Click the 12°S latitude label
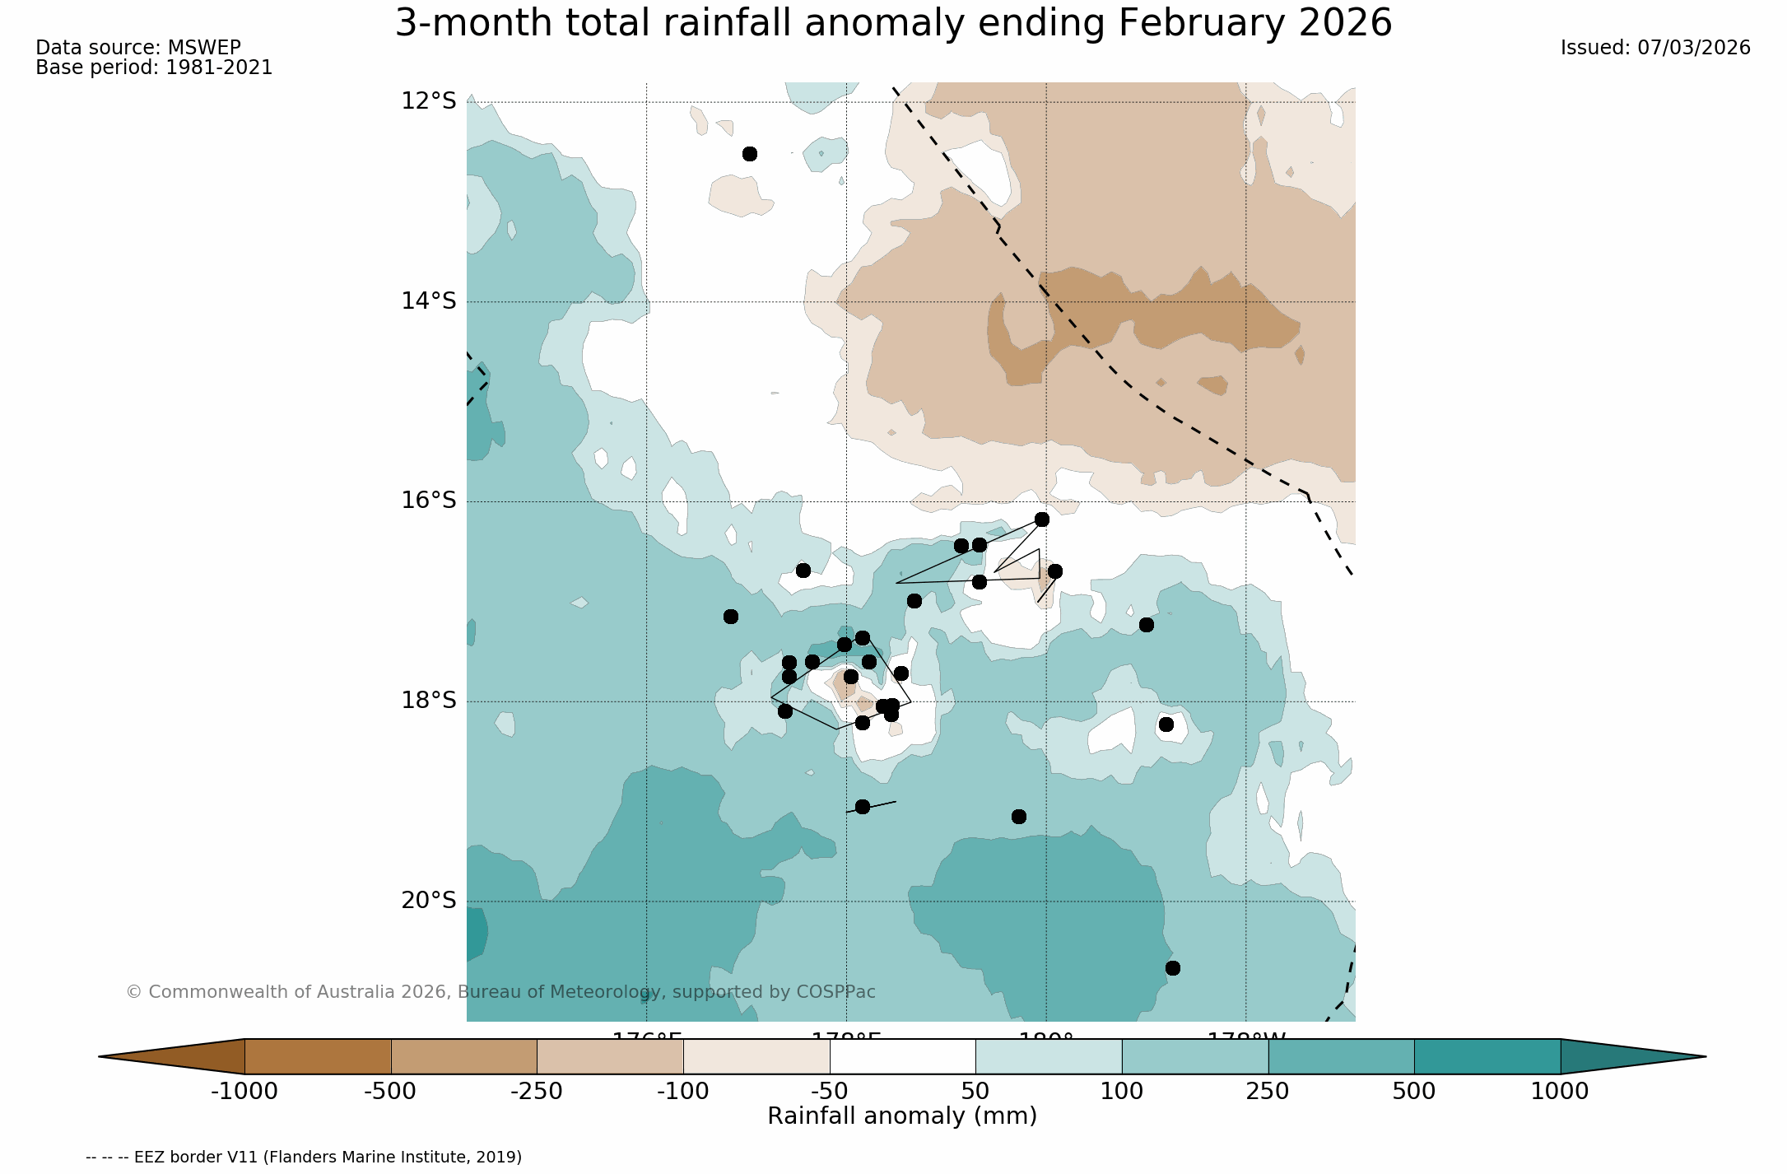tap(428, 101)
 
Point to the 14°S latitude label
tap(428, 301)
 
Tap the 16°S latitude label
tap(428, 501)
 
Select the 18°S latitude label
tap(428, 701)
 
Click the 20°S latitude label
tap(428, 901)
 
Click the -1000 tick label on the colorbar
tap(244, 1092)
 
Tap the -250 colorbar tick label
tap(537, 1092)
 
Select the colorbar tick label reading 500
tap(1413, 1092)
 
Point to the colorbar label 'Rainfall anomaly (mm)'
tap(902, 1116)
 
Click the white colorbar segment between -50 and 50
tap(902, 1056)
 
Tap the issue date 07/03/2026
tap(1694, 48)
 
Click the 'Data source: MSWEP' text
tap(138, 48)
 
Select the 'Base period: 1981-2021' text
tap(154, 68)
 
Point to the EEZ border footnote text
tap(304, 1157)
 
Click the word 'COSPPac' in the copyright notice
tap(835, 992)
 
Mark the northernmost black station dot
tap(749, 154)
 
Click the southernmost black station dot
tap(1172, 968)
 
